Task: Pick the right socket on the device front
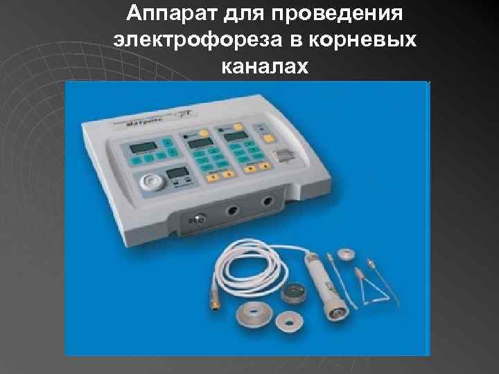pyautogui.click(x=267, y=201)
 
